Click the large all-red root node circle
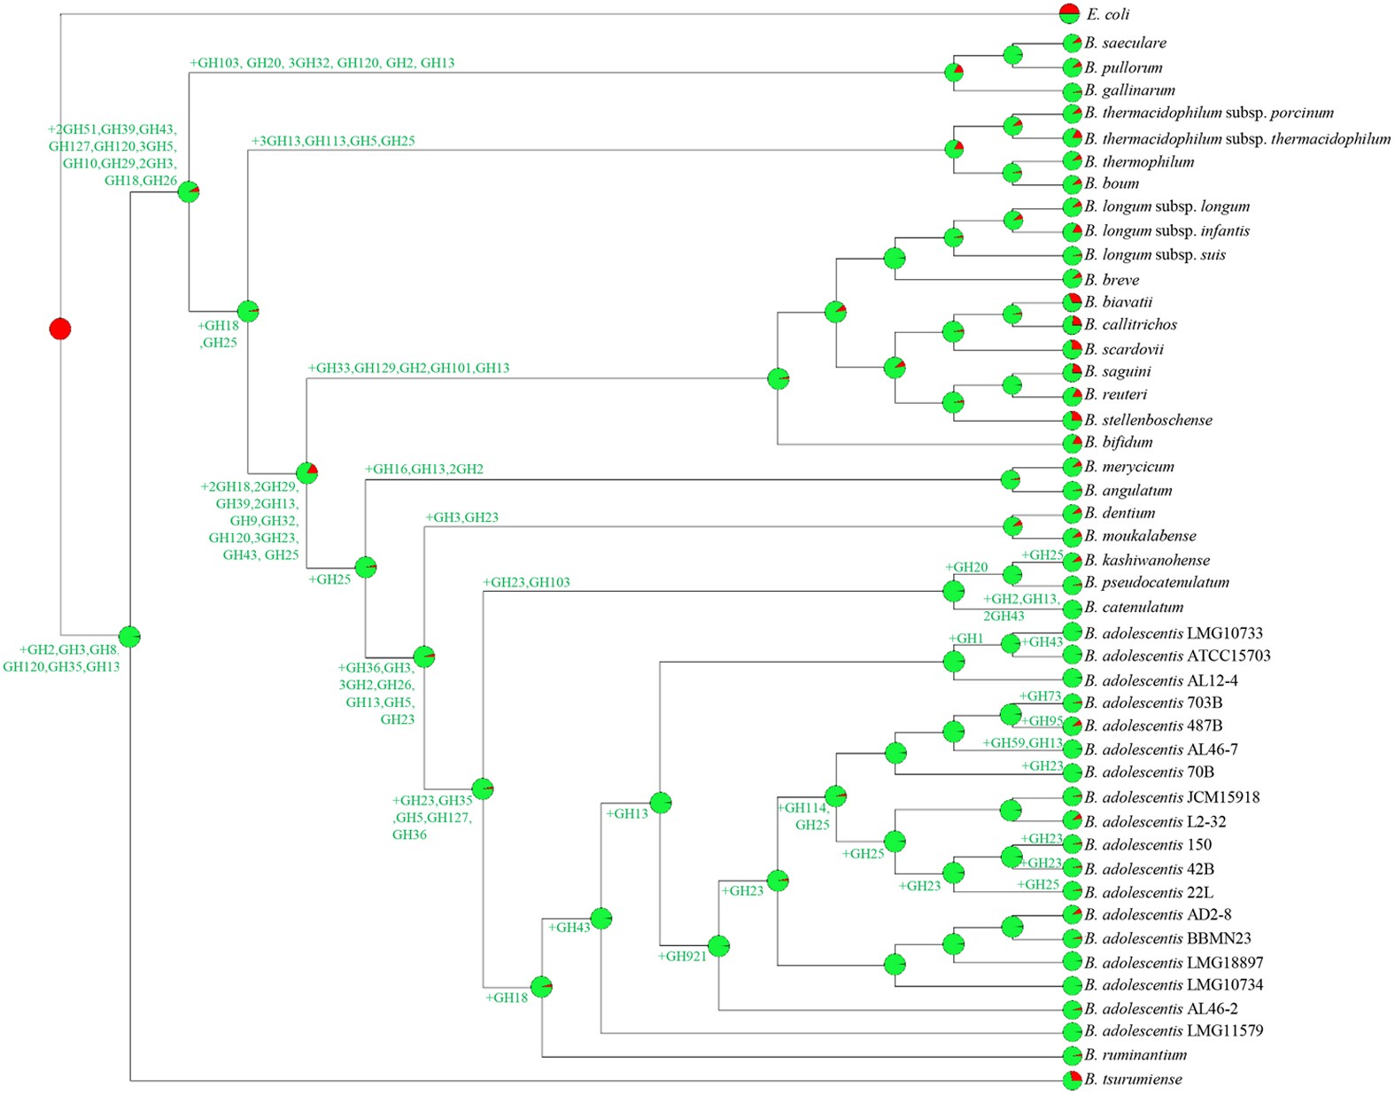pos(59,329)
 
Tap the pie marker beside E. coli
pos(1070,13)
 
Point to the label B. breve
pos(1112,279)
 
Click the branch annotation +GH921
pos(682,956)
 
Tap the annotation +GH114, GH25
pos(803,816)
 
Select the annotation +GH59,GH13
pos(1022,743)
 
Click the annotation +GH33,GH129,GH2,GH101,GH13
pos(408,368)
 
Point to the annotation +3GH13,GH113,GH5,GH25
pos(333,141)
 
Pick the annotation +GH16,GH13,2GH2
pos(423,469)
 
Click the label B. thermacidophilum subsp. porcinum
pos(1209,113)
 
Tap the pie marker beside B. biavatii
pos(1072,301)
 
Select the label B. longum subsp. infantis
pos(1166,230)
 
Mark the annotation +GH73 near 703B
pos(1040,696)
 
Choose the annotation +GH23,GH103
pos(526,582)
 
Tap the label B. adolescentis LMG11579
pos(1174,1030)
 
